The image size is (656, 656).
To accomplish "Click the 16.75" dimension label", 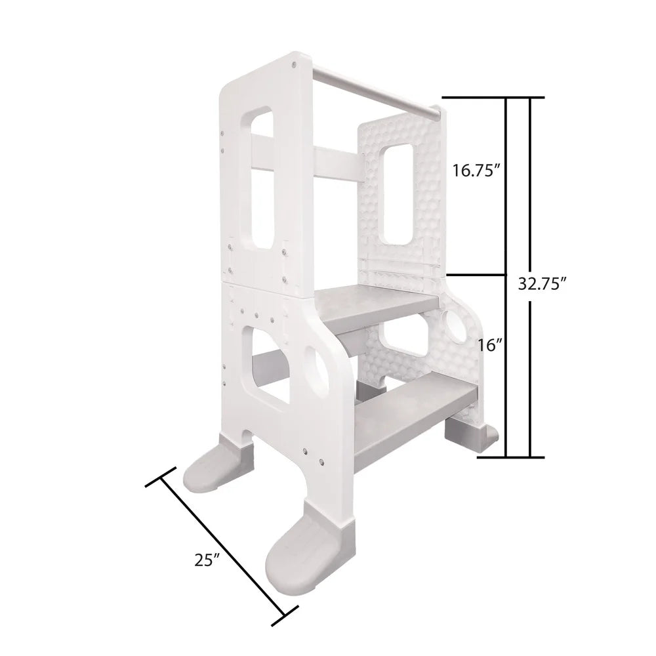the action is pyautogui.click(x=477, y=171).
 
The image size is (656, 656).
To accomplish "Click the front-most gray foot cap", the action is pyautogui.click(x=298, y=548).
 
